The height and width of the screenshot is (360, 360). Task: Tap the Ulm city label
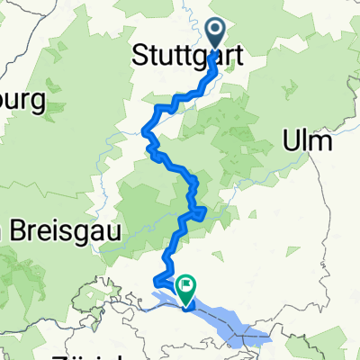[307, 142]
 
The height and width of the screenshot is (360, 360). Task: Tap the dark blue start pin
[218, 33]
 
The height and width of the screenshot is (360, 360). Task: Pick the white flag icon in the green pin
[187, 285]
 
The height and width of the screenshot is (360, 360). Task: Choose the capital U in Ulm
[292, 142]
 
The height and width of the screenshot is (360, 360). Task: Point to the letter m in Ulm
[319, 142]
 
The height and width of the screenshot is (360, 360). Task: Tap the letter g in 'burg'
[37, 104]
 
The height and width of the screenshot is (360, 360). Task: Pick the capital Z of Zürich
[58, 355]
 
